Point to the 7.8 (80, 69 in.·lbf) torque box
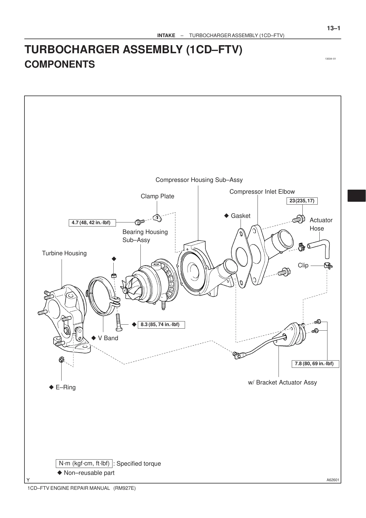click(x=315, y=364)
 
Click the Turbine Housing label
click(x=64, y=253)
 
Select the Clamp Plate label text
click(x=157, y=196)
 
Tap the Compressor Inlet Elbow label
click(x=262, y=192)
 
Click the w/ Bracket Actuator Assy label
click(x=282, y=382)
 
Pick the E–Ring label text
click(x=66, y=387)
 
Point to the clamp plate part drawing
click(x=157, y=218)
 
